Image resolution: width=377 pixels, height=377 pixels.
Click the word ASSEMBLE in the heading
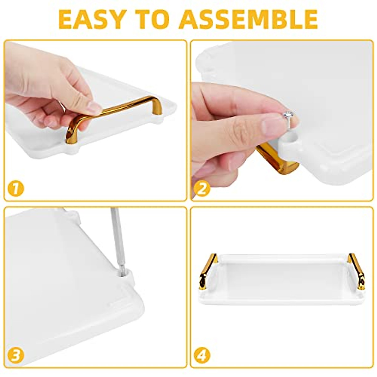click(x=250, y=19)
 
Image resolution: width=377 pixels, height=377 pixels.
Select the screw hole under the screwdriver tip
click(x=123, y=273)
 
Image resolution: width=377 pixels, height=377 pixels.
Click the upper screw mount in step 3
click(x=72, y=215)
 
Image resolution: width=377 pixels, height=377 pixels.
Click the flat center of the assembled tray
click(x=283, y=276)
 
